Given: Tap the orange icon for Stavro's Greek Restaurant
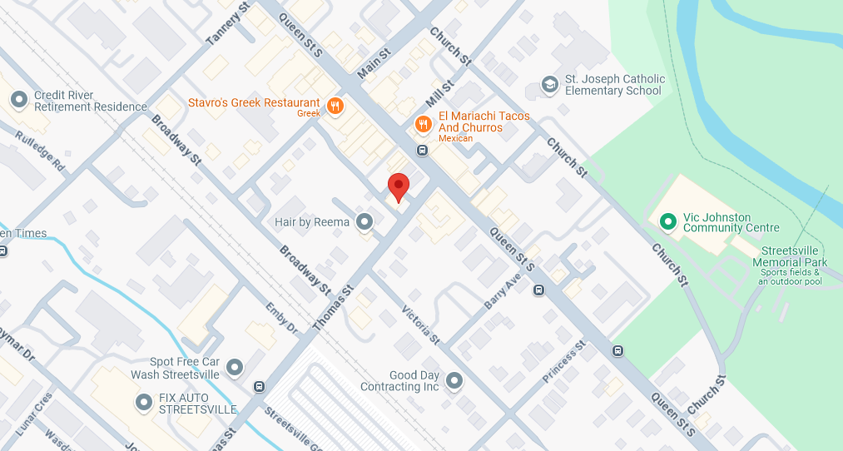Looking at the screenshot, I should pyautogui.click(x=335, y=105).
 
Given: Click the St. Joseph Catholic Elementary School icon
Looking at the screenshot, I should pyautogui.click(x=549, y=85).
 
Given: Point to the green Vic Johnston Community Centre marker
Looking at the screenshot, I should pyautogui.click(x=667, y=221).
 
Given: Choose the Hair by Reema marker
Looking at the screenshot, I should pyautogui.click(x=364, y=222).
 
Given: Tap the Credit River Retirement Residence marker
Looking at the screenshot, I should pyautogui.click(x=19, y=101).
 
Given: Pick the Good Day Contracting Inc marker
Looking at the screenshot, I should pyautogui.click(x=454, y=381).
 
